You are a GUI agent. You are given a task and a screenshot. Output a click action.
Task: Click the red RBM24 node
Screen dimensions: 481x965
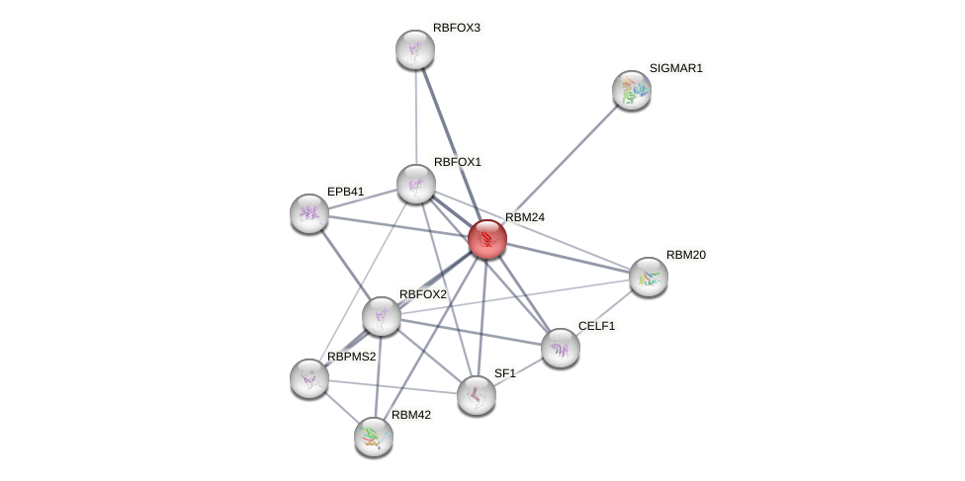coord(487,239)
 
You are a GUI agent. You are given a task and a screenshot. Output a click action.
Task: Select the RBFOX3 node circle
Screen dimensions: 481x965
coord(415,49)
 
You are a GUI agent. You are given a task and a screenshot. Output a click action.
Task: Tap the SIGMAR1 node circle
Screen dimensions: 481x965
coord(632,90)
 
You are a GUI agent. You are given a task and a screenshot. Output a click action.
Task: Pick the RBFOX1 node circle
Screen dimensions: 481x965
coord(416,184)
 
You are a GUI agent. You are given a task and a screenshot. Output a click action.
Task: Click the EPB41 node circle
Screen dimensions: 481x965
coord(309,213)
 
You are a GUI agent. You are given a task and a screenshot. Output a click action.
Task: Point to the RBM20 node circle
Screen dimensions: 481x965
coord(649,277)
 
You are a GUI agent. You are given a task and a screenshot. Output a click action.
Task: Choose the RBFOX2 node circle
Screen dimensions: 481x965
coord(382,316)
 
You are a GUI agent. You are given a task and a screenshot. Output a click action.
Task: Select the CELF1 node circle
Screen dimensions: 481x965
coord(561,348)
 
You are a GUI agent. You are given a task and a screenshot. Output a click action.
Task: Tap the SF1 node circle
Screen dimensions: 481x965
coord(477,395)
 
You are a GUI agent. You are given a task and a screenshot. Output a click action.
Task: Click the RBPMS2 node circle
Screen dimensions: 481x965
coord(309,378)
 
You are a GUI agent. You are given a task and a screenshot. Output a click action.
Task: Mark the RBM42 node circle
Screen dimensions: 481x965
coord(374,437)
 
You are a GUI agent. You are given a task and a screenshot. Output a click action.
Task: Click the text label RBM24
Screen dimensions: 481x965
coord(524,217)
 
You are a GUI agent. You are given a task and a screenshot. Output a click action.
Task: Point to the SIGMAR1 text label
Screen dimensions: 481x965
coord(675,68)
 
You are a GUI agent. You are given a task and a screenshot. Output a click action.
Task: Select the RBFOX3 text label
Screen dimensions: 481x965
coord(456,28)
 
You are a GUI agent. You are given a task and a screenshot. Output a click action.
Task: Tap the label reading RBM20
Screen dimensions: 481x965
coord(685,255)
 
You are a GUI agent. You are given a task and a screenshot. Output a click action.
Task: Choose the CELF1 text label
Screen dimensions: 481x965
coord(596,326)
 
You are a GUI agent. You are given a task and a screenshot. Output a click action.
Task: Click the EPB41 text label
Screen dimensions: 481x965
coord(346,192)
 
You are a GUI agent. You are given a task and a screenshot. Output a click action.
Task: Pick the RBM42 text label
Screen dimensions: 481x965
coord(410,415)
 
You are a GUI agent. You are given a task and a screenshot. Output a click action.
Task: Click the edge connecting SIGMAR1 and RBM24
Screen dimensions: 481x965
coord(560,164)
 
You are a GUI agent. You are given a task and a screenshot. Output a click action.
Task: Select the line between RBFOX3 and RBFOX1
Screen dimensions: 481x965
coord(415,117)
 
